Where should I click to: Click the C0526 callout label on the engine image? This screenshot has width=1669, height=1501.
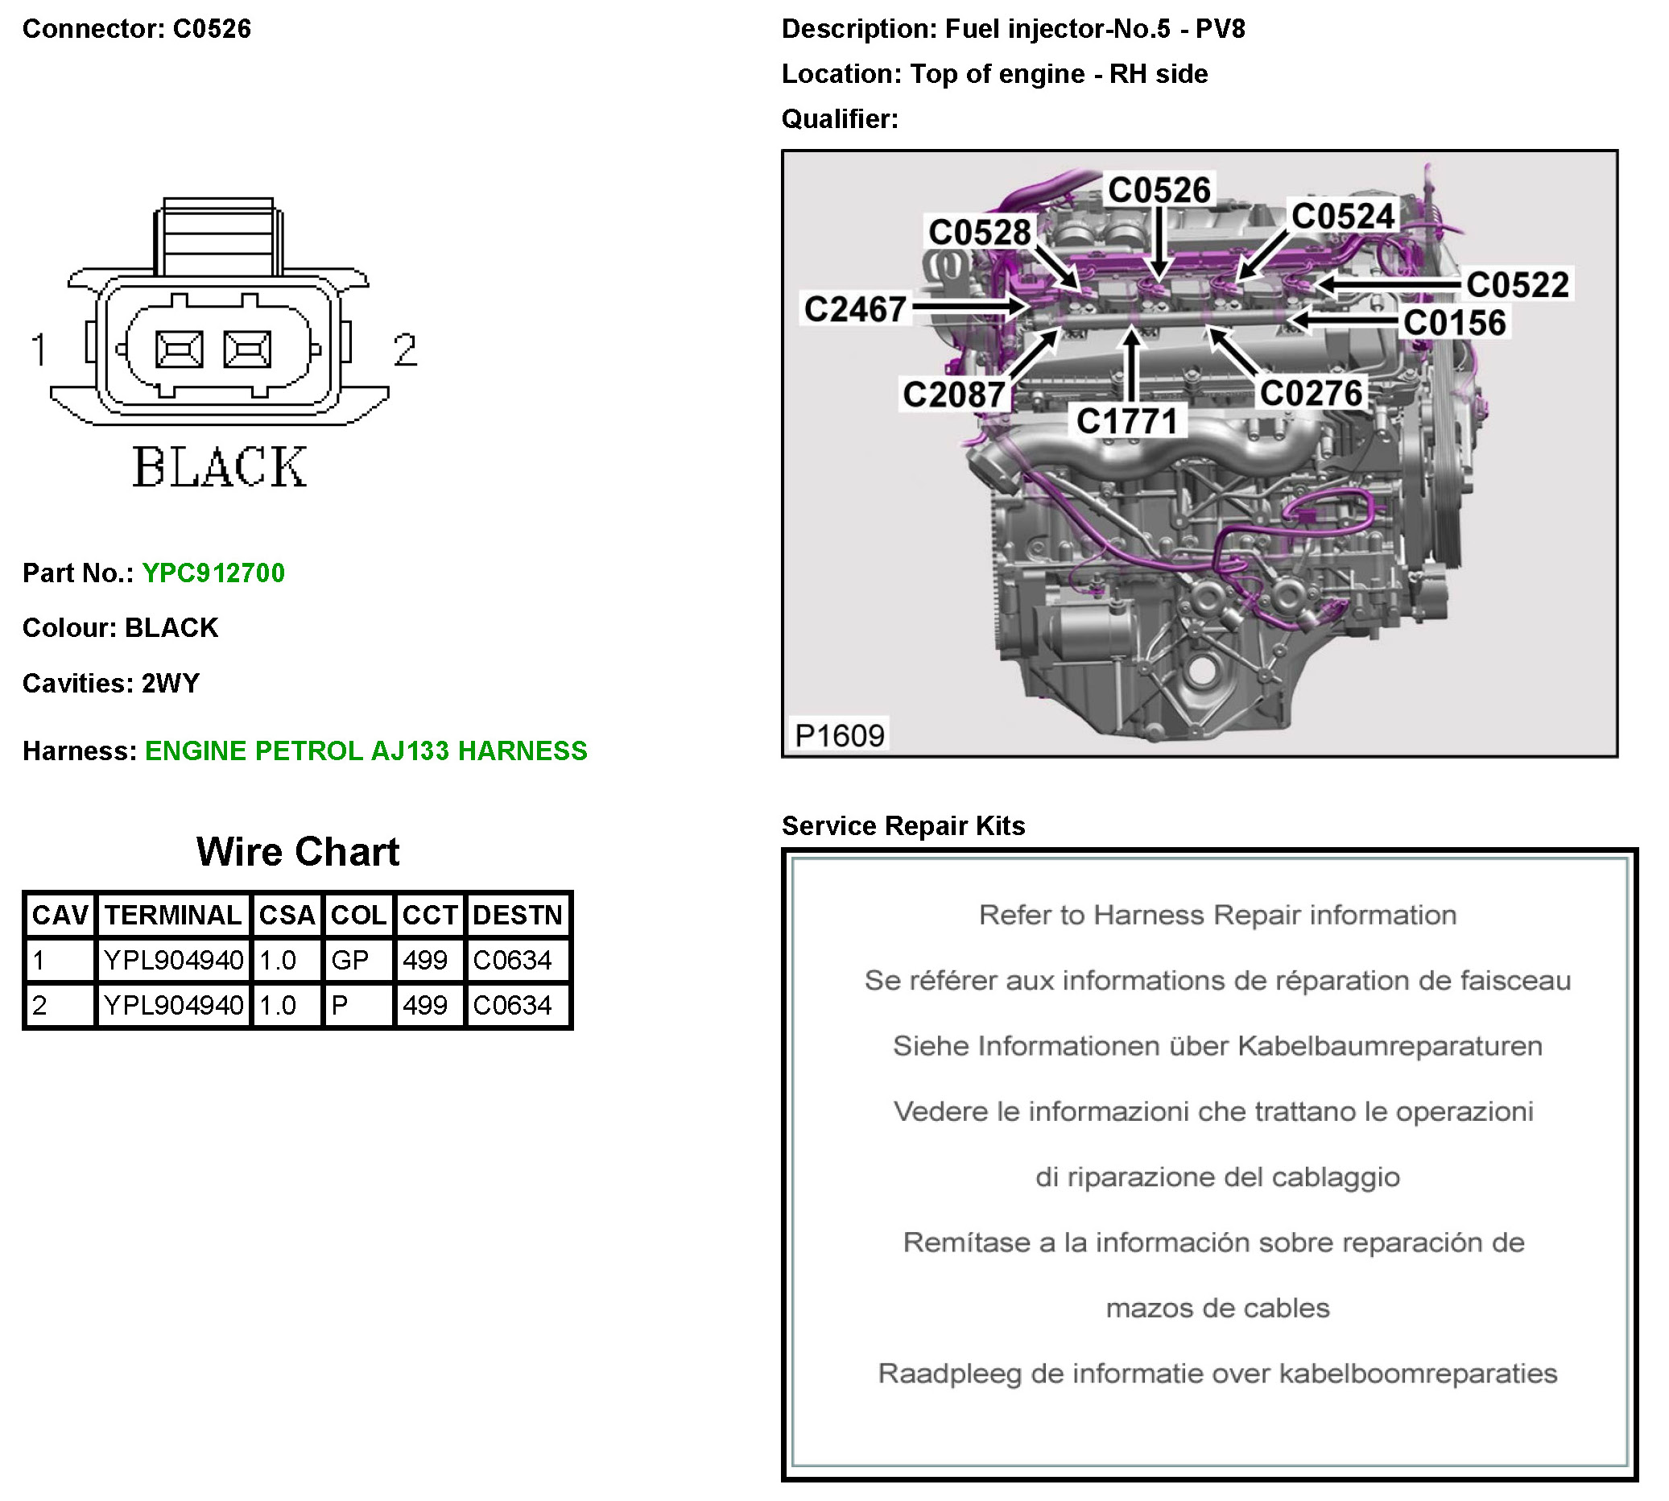click(x=1159, y=190)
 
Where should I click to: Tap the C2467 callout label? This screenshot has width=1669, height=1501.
click(x=855, y=309)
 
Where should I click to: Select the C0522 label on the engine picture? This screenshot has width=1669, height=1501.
click(x=1518, y=284)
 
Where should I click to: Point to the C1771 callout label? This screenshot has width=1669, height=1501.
click(x=1127, y=421)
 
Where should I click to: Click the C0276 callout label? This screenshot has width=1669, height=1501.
click(x=1311, y=394)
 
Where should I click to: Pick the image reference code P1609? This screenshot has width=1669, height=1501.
click(x=839, y=735)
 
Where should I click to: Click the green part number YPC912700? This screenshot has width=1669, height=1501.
click(x=213, y=573)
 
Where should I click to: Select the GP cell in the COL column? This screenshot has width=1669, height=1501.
click(x=349, y=960)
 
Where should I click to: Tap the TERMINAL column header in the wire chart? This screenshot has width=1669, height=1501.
click(x=173, y=915)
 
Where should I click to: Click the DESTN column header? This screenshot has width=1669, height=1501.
click(x=517, y=915)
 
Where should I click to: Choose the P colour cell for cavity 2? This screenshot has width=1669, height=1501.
click(x=340, y=1005)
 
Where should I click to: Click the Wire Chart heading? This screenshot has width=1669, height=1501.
click(x=298, y=852)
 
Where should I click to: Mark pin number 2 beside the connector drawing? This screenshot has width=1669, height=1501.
click(x=405, y=349)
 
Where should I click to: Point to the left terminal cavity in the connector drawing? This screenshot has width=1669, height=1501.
click(x=180, y=349)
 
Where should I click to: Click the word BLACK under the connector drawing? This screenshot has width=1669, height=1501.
click(x=219, y=467)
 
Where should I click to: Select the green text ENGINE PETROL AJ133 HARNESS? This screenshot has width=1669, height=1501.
click(x=366, y=750)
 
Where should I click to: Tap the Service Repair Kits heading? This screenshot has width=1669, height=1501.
click(x=903, y=825)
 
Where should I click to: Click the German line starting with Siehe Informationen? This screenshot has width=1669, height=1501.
click(x=1217, y=1046)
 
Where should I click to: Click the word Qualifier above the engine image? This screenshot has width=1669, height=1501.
click(x=839, y=118)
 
